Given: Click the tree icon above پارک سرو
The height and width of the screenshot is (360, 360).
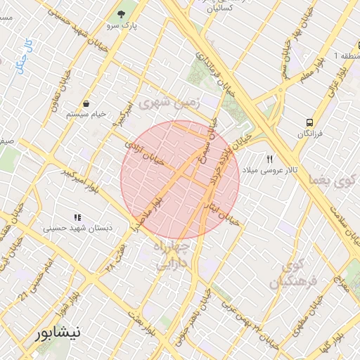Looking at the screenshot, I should tap(123, 13).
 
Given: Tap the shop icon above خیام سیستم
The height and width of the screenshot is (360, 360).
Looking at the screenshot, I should tap(86, 103).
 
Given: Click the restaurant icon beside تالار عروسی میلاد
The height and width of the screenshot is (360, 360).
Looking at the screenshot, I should tap(269, 158).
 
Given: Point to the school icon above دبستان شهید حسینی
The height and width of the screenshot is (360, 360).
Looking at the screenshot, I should tap(77, 217).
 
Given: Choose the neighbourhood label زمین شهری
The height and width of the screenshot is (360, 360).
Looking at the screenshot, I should tap(169, 103).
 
